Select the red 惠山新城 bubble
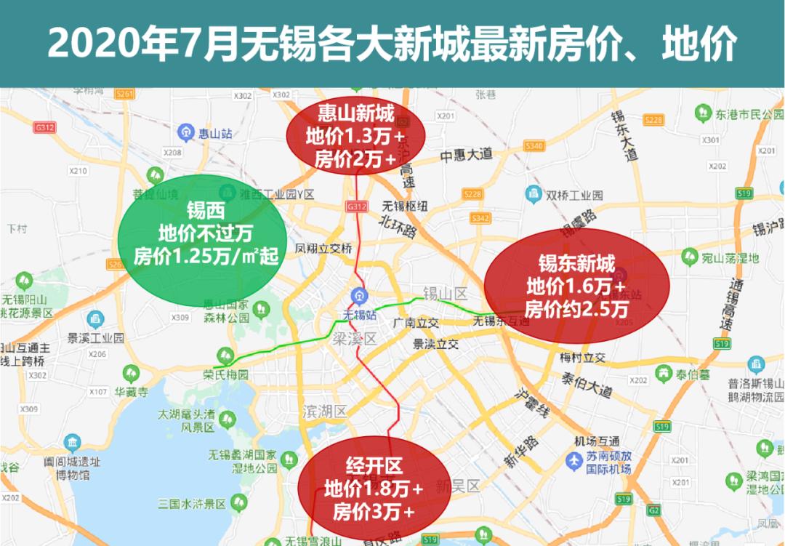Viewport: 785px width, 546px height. click(355, 136)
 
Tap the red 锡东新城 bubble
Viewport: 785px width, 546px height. click(576, 286)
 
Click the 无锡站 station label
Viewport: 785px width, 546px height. click(360, 315)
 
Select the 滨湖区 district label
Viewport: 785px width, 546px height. click(325, 412)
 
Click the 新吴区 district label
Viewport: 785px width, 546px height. click(459, 486)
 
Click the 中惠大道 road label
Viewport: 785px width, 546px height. click(466, 155)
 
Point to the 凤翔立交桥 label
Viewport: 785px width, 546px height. click(323, 248)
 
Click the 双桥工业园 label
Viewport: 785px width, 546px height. click(574, 196)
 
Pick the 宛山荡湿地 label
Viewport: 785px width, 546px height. click(730, 257)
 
